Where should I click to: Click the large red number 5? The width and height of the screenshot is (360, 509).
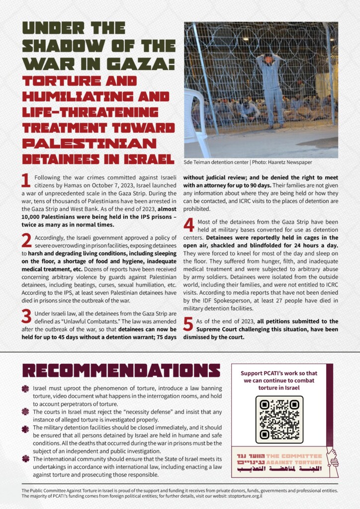tap(188, 324)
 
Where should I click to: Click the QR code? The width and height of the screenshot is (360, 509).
tap(279, 420)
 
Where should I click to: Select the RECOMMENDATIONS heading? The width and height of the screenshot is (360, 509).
tap(121, 370)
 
